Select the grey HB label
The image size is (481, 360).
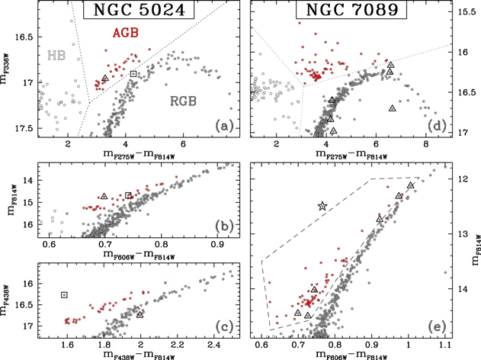pyautogui.click(x=56, y=55)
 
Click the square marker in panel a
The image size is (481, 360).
pyautogui.click(x=133, y=73)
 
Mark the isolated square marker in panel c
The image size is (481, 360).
pyautogui.click(x=64, y=294)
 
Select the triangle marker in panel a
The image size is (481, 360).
pyautogui.click(x=105, y=79)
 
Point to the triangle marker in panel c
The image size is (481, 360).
pyautogui.click(x=140, y=314)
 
